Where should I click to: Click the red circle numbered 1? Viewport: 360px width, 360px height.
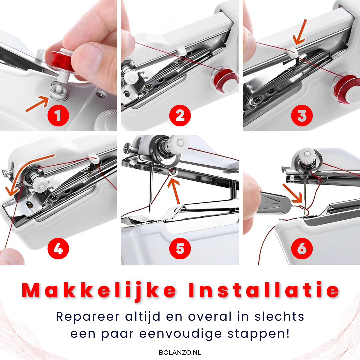pos(58,116)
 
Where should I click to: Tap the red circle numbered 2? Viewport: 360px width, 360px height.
pos(180,116)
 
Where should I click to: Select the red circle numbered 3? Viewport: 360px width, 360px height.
pos(302,116)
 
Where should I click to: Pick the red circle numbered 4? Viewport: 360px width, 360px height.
pos(58,248)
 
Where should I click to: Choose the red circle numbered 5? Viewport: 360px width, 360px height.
pos(180,248)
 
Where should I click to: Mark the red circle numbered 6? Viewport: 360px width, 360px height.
pos(302,248)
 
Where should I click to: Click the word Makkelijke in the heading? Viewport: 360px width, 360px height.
pos(99,291)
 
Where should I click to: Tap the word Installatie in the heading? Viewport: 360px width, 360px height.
pos(263,291)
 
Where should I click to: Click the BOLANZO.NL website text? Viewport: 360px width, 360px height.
pos(180,352)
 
